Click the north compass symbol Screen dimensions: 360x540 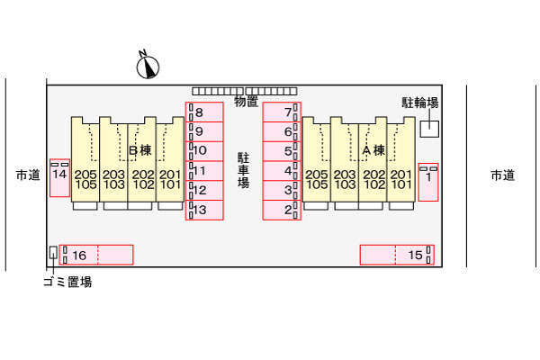point(148,65)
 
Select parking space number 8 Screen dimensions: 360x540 point(204,112)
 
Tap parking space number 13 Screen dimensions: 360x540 point(204,211)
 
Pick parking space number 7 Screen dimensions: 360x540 point(282,112)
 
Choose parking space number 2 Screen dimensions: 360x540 point(282,211)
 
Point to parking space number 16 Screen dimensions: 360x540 point(95,255)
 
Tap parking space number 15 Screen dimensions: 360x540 point(397,255)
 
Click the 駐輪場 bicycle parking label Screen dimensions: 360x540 point(420,103)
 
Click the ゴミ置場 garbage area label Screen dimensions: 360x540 point(67,283)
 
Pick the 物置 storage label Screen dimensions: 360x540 point(246,102)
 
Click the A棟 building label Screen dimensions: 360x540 point(373,150)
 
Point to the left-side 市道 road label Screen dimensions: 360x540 point(28,175)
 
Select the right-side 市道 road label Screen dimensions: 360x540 point(502,175)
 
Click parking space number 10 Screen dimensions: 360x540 point(204,151)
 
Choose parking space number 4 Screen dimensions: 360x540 point(282,171)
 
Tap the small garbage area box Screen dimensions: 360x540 point(53,254)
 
